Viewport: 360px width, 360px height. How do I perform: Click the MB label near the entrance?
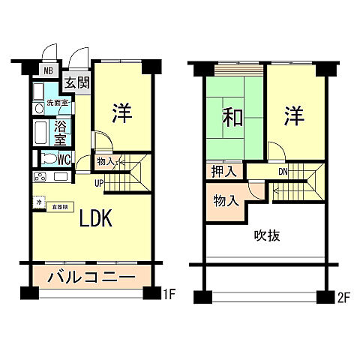[x=46, y=71]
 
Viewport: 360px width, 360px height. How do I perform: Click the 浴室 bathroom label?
[x=63, y=132]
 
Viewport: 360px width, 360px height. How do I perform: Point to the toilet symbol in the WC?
[x=47, y=159]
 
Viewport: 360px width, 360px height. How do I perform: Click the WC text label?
[x=64, y=159]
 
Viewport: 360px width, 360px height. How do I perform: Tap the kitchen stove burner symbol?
[x=40, y=178]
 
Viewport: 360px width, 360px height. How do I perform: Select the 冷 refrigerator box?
[x=37, y=202]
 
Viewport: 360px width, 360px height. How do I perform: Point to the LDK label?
[x=96, y=218]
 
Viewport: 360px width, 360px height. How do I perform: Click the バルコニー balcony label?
[x=91, y=277]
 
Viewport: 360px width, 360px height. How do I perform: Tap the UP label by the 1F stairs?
[x=98, y=181]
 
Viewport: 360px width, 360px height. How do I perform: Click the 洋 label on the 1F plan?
[x=122, y=113]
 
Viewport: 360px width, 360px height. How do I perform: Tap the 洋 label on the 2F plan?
[x=294, y=116]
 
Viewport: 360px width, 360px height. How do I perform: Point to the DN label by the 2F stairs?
[x=283, y=171]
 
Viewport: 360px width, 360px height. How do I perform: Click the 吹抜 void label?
[x=264, y=235]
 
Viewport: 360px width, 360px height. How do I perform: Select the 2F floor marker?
[x=344, y=296]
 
